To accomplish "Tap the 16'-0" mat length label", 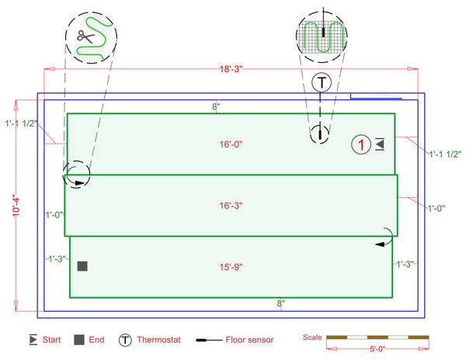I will pos(230,144).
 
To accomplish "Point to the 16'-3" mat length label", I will pos(230,206).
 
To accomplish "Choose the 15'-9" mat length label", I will pos(230,267).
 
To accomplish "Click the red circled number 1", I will pos(360,144).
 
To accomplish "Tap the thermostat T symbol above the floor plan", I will pos(321,81).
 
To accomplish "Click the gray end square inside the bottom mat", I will pos(82,266).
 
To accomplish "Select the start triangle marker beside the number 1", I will pos(379,144).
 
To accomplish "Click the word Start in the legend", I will pos(52,340).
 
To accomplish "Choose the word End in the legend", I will pos(97,340).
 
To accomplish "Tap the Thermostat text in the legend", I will pos(158,340).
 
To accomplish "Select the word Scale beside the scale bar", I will pos(311,337).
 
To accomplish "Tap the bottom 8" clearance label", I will pos(281,303).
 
